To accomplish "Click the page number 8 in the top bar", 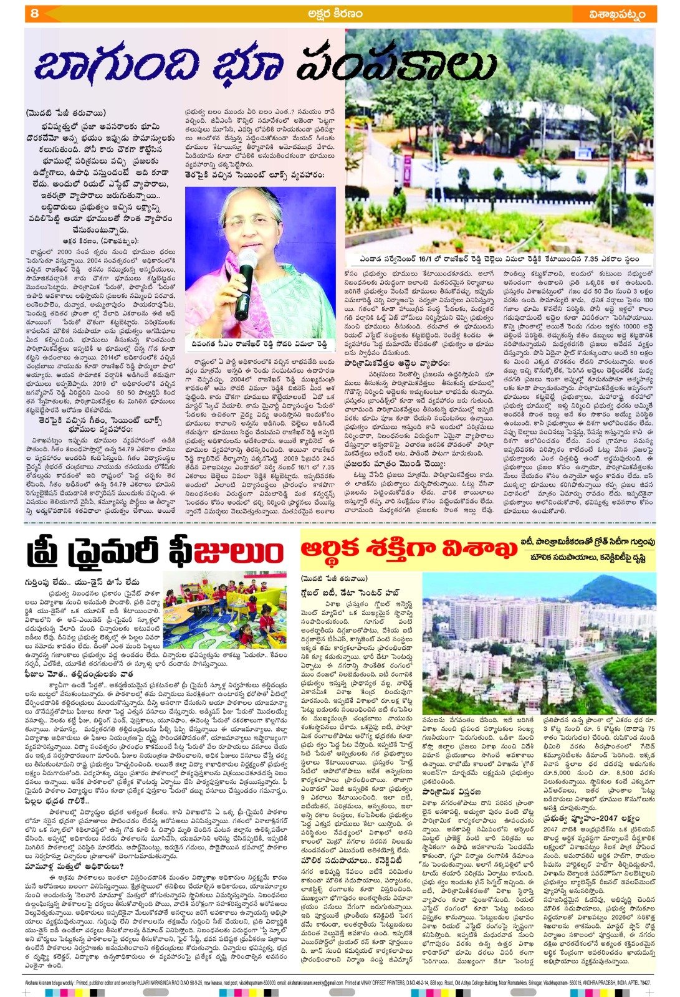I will click(35, 13).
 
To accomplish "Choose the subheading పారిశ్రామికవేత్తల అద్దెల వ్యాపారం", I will click(398, 361).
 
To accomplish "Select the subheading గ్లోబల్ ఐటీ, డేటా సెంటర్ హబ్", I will click(351, 592).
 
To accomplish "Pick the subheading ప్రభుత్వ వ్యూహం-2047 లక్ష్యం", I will click(591, 818).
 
